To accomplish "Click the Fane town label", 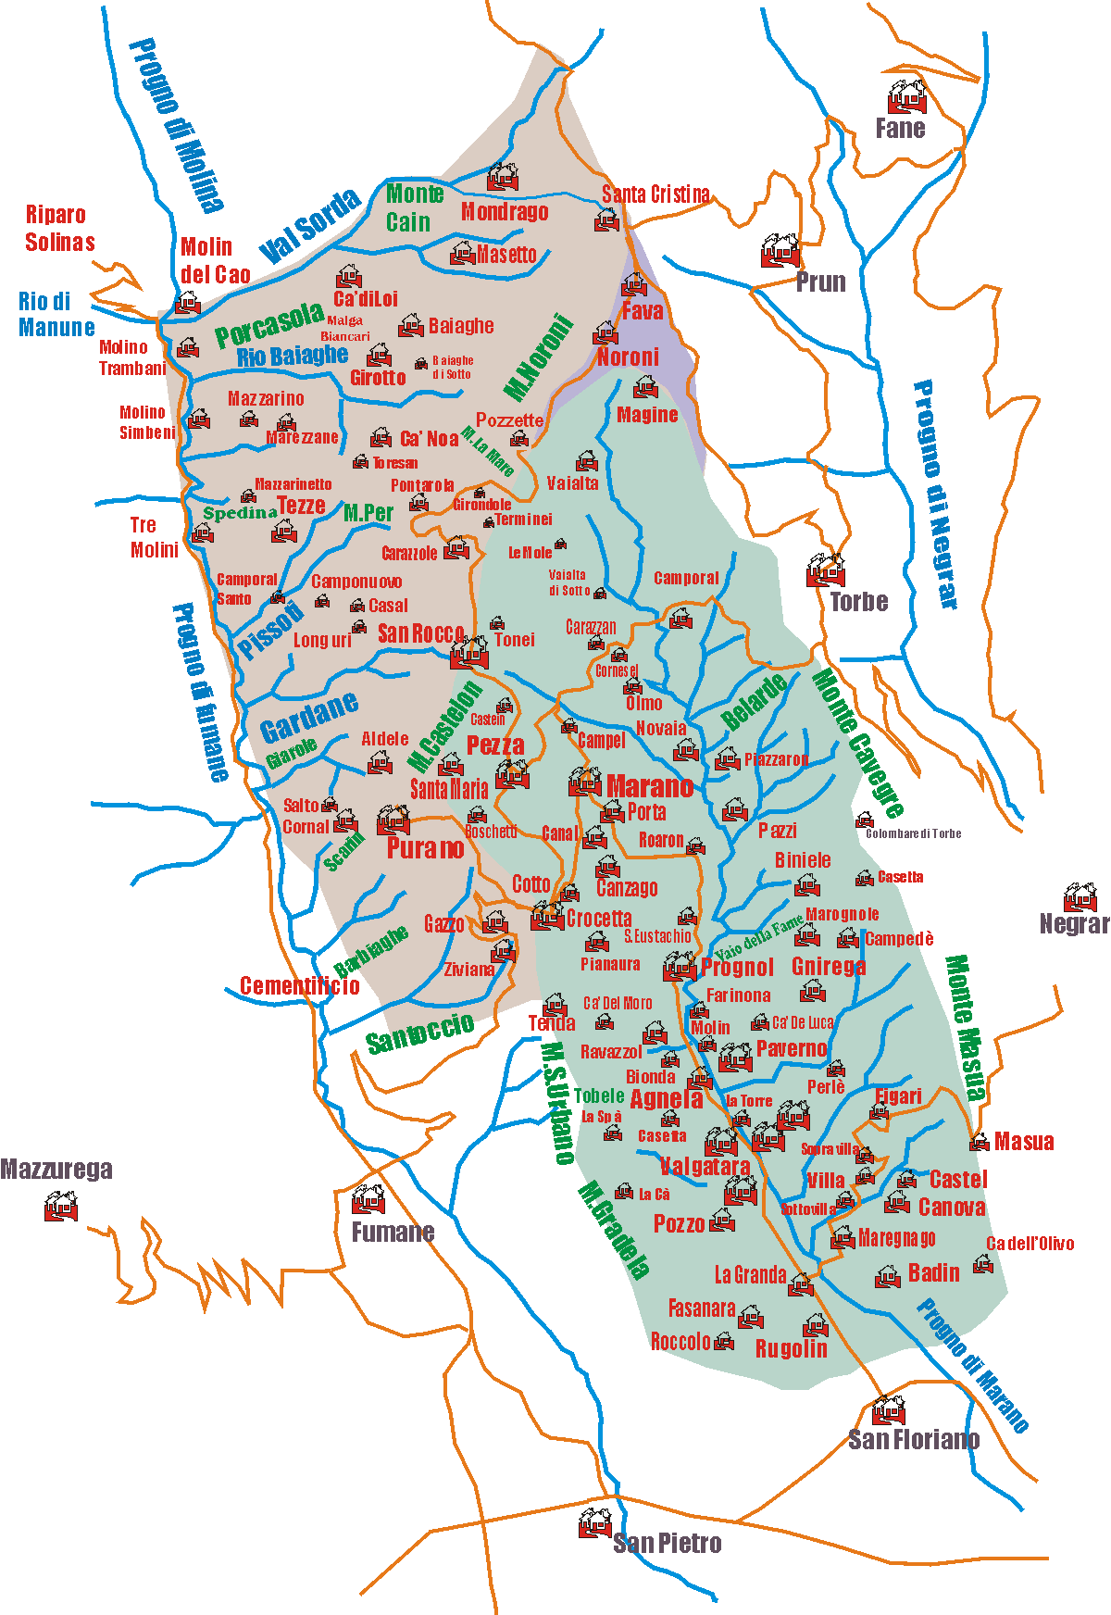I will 900,128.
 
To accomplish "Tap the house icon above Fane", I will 905,96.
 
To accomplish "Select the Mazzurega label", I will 56,1169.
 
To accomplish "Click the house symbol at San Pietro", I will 594,1523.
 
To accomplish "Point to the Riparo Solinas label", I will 59,228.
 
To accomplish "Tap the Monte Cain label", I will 413,207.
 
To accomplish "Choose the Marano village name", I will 650,787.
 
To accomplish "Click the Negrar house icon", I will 1080,897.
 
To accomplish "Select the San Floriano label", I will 914,1439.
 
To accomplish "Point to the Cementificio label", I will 299,985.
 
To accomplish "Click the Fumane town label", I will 393,1232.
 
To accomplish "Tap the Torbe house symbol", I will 825,570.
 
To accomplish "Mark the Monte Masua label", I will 965,1027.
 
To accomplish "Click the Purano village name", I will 425,848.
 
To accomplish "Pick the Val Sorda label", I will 309,225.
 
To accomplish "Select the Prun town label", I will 820,282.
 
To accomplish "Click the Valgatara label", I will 705,1166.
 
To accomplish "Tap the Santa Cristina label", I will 655,194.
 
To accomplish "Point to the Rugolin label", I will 791,1348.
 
